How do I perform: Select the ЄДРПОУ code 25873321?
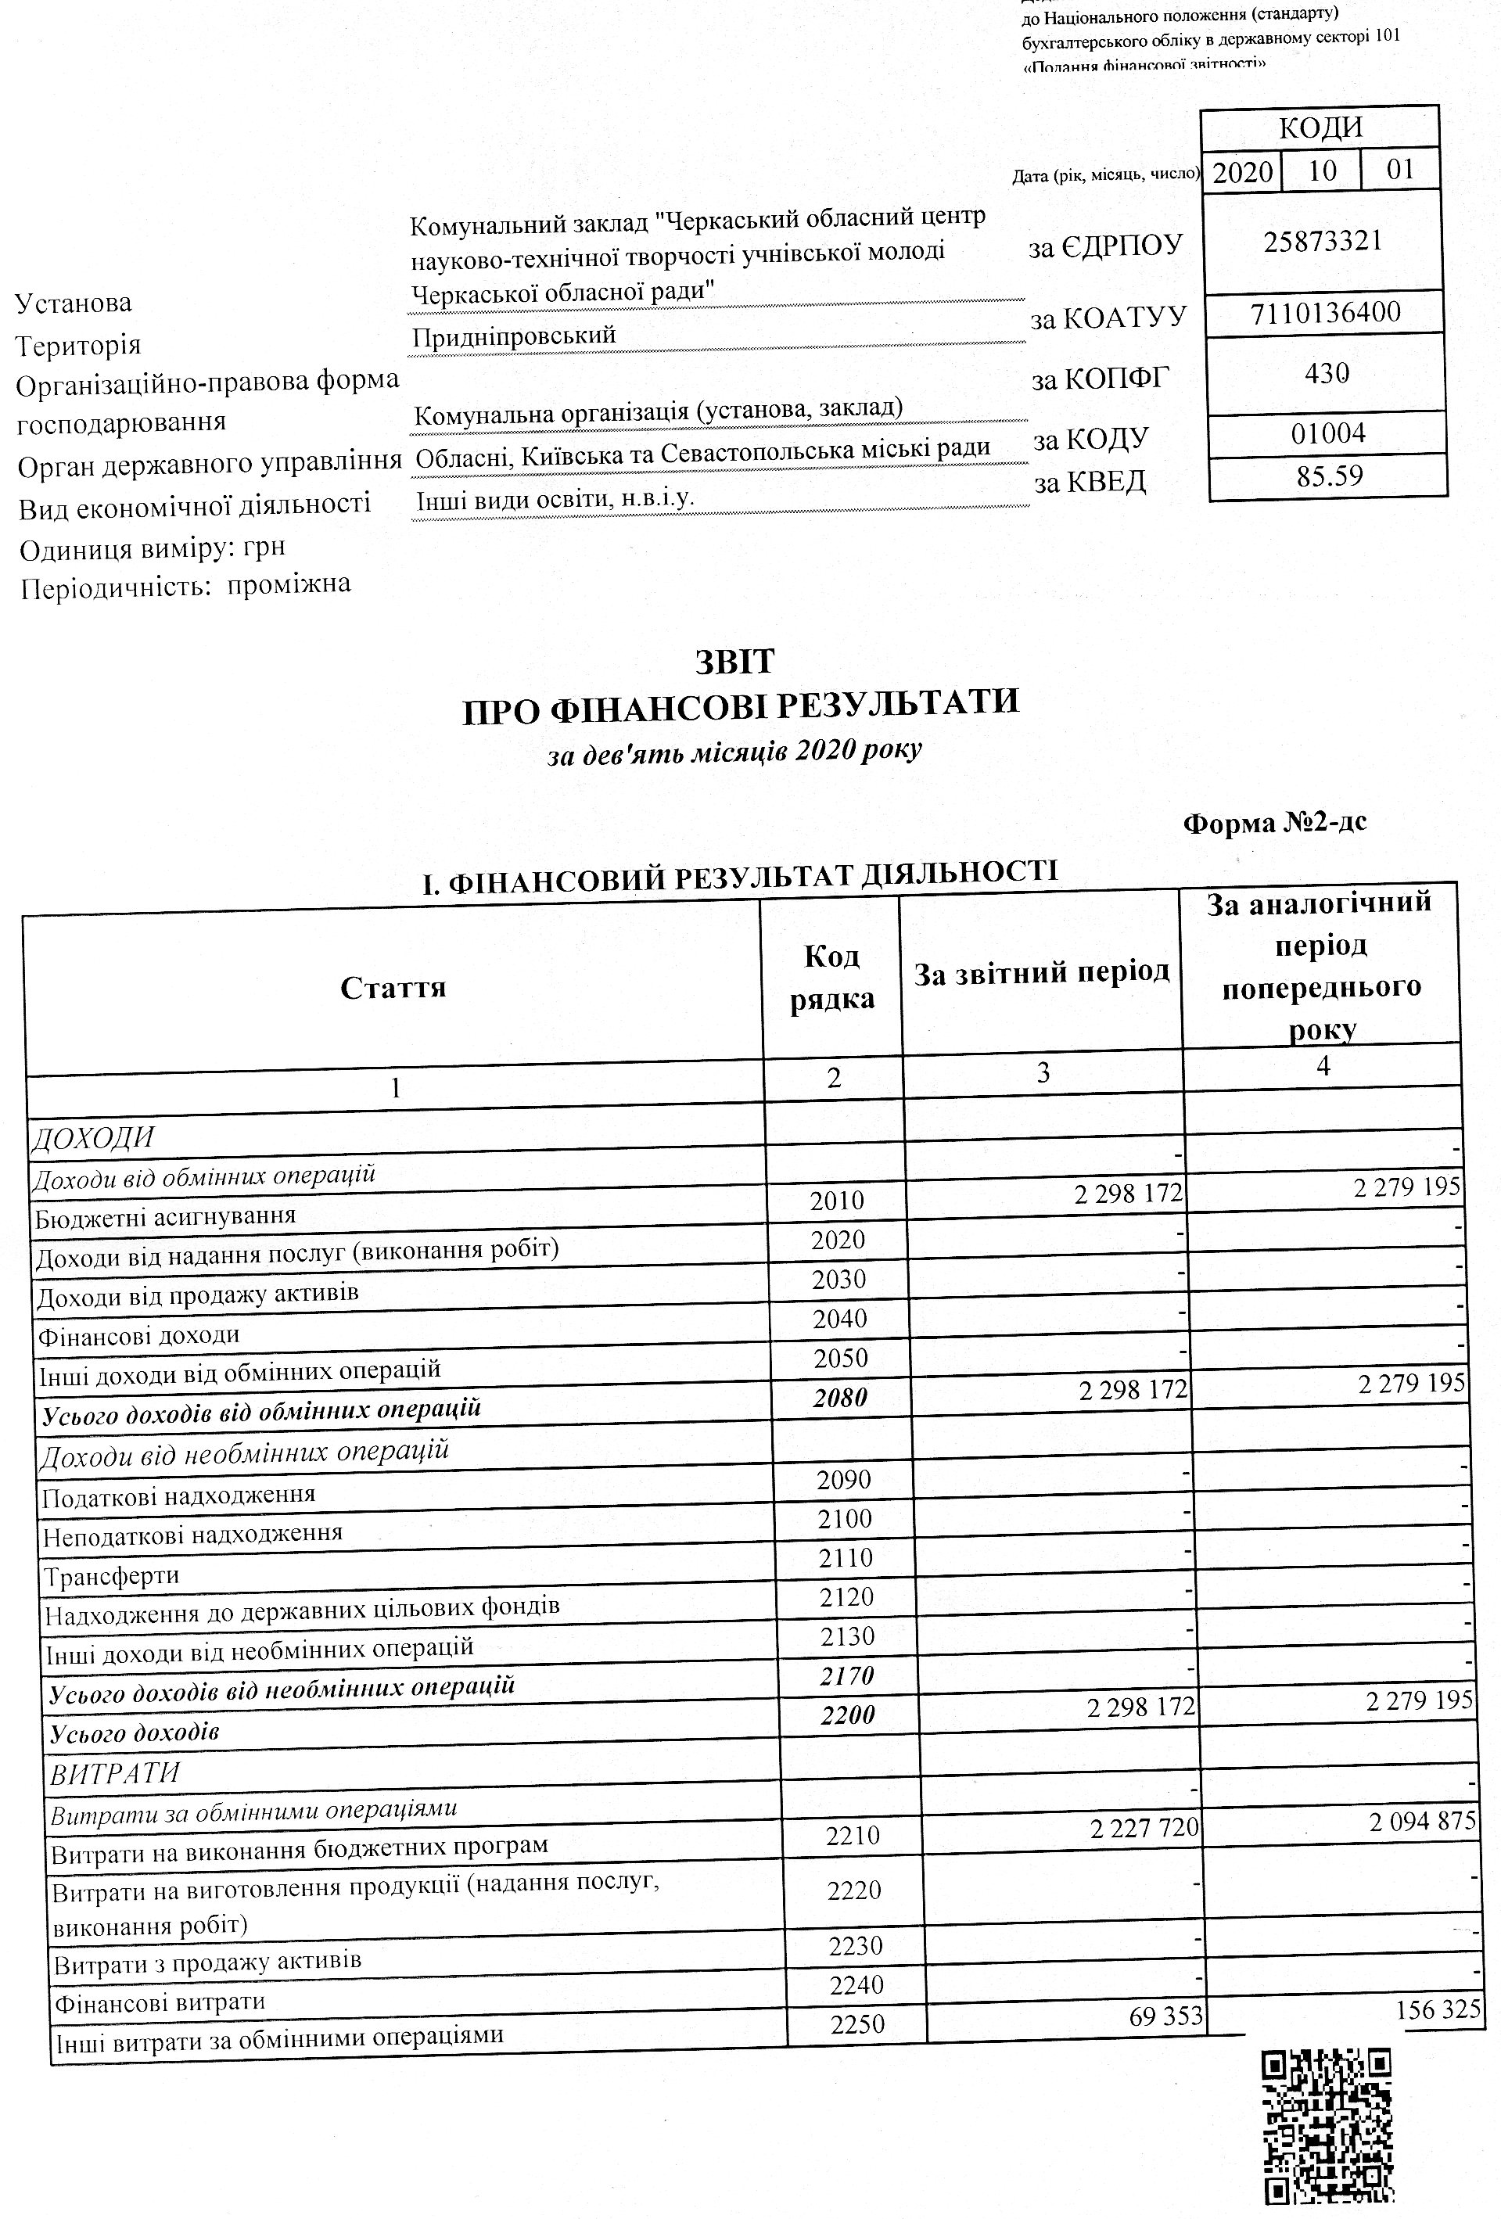[1323, 241]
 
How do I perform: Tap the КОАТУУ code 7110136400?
[1325, 312]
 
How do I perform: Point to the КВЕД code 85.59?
[1329, 476]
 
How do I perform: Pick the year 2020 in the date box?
[1242, 173]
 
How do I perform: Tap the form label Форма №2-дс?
[1275, 822]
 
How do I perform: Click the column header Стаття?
[393, 986]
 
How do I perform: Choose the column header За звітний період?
[1042, 973]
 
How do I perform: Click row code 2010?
[836, 1200]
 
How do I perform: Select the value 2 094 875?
[1423, 1821]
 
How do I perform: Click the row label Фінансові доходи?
[138, 1335]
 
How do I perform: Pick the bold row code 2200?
[848, 1716]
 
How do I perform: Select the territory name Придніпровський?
[514, 336]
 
